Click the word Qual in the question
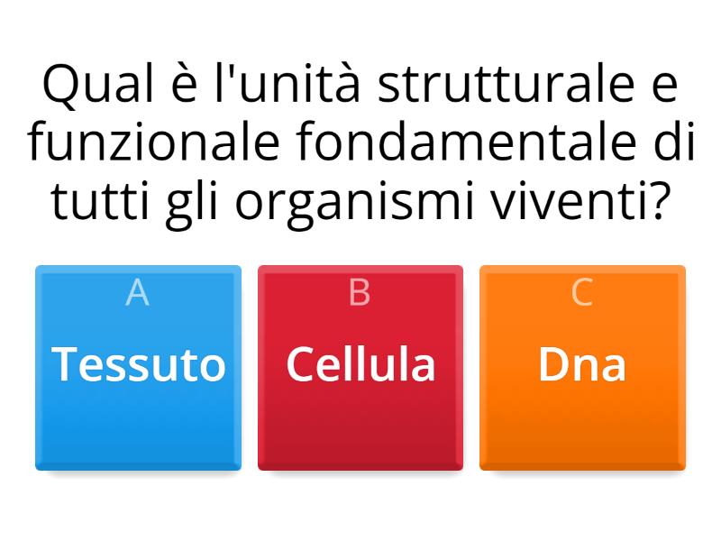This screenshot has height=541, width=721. click(x=87, y=87)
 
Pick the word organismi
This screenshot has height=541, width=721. click(x=359, y=204)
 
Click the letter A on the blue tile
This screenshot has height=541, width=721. click(x=137, y=293)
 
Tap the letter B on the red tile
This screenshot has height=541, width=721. click(x=360, y=293)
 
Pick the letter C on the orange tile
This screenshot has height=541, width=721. click(x=582, y=293)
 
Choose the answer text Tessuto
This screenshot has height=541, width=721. click(x=139, y=365)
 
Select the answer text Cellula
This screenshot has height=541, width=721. click(x=360, y=365)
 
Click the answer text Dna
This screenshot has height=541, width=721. click(x=582, y=365)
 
